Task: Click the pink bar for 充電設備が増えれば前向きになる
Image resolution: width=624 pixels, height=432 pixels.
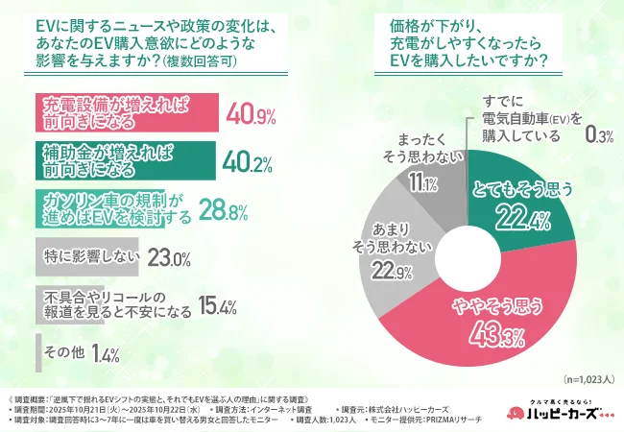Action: tap(125, 117)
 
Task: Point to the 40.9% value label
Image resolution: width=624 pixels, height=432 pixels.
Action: tap(251, 117)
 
